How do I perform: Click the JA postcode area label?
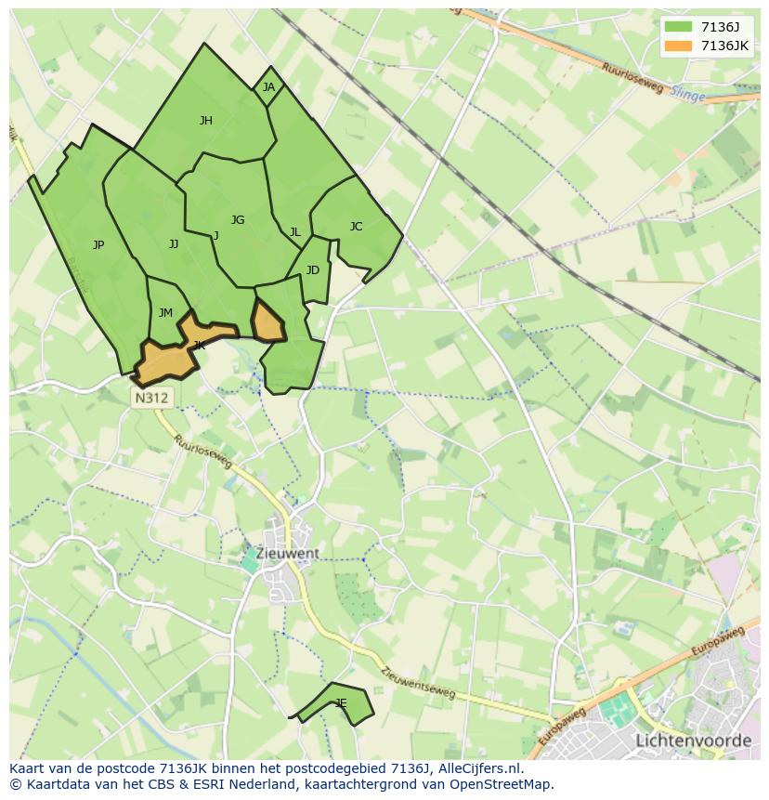(268, 87)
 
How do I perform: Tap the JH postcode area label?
(206, 120)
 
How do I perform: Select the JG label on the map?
(238, 220)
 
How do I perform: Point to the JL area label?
(294, 232)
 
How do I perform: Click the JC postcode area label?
(356, 226)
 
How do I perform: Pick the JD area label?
(313, 270)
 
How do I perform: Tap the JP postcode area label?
(98, 245)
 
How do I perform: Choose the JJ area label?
(174, 244)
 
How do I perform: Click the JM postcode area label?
(165, 313)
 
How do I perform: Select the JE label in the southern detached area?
(341, 703)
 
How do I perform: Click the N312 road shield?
(151, 398)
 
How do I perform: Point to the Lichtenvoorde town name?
(693, 741)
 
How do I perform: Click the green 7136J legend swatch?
(679, 27)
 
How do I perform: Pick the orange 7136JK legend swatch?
(679, 46)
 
